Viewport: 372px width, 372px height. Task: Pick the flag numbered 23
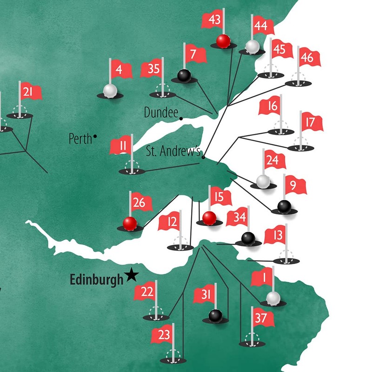click(163, 334)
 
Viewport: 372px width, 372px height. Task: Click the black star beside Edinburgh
click(132, 276)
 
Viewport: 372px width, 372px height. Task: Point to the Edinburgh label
click(97, 279)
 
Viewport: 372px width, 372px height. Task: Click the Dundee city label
click(161, 112)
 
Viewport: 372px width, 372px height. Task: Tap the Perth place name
click(80, 138)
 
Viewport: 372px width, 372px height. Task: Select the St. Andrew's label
click(173, 151)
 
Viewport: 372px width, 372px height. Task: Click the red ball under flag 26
click(130, 223)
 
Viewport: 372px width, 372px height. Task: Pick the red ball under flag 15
click(209, 217)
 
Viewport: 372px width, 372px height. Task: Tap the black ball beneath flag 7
click(184, 75)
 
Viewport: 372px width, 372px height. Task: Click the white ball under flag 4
click(110, 90)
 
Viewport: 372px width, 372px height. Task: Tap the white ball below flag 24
click(263, 180)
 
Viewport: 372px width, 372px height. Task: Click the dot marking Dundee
click(181, 118)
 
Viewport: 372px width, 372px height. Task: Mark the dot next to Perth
click(95, 136)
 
